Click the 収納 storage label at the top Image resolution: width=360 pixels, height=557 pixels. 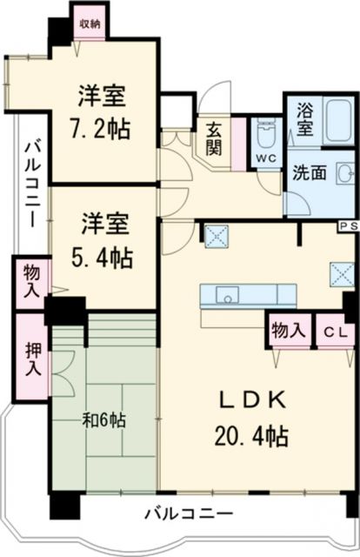point(90,23)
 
